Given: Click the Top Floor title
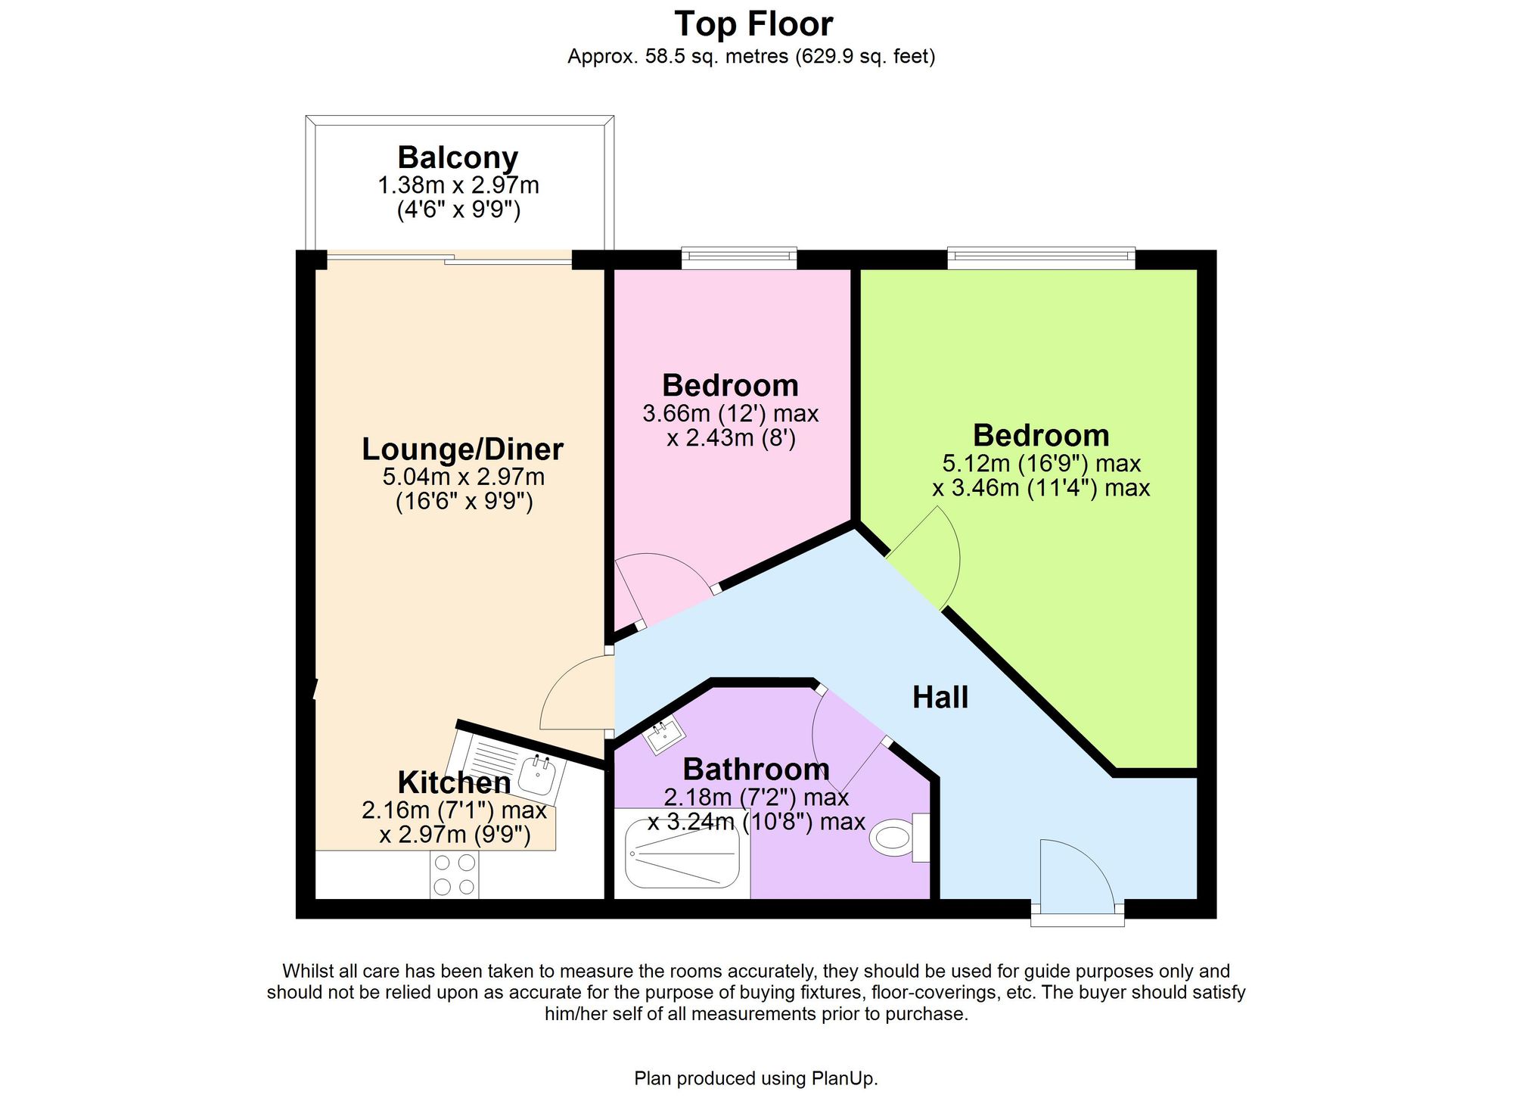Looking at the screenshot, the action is (x=753, y=23).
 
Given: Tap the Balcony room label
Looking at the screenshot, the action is (x=458, y=157).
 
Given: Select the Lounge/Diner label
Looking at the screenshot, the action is (x=462, y=449).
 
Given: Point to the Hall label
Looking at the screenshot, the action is (x=940, y=697).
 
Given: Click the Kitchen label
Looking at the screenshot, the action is (x=454, y=782).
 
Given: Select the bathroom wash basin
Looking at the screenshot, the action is (x=664, y=735).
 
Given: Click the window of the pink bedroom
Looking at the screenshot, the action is (x=739, y=258).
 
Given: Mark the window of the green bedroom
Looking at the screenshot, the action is (x=1042, y=258).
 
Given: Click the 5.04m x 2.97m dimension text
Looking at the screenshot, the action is (x=463, y=477).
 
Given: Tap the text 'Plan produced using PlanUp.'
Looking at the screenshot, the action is (x=756, y=1078).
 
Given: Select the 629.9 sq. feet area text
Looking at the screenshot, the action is (x=865, y=57).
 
